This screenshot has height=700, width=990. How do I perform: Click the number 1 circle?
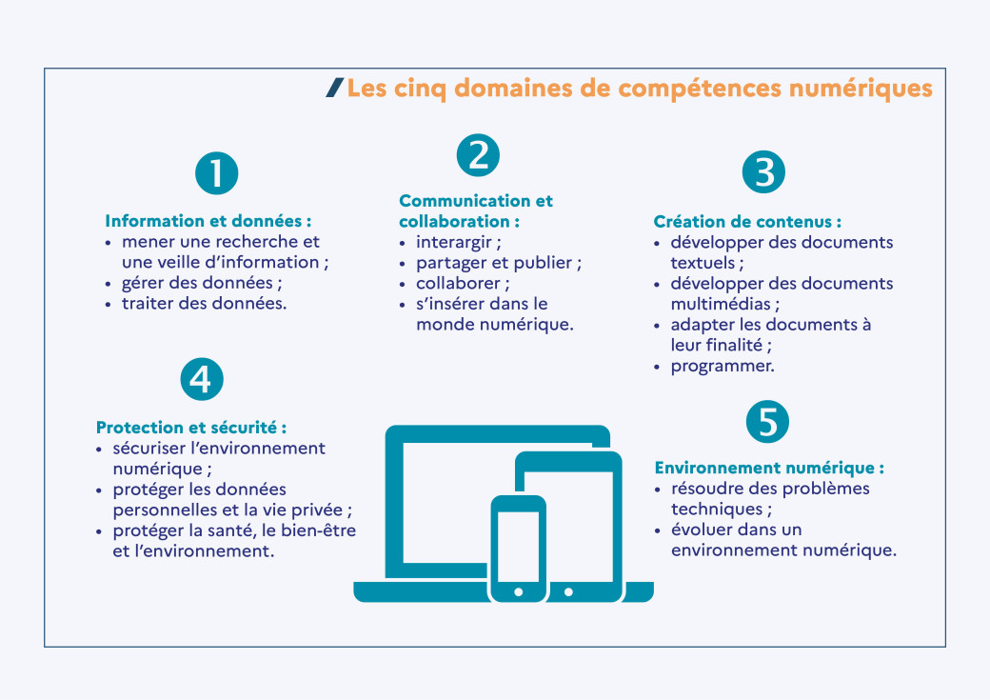(x=216, y=173)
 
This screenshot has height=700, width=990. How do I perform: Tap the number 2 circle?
(x=478, y=154)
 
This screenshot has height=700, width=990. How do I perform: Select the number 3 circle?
(x=763, y=172)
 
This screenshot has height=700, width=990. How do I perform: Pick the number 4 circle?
(x=202, y=379)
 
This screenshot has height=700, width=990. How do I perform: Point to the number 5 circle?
(x=767, y=421)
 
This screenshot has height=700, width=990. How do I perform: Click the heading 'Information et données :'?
(x=208, y=221)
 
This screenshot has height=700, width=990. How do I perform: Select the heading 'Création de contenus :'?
(x=747, y=222)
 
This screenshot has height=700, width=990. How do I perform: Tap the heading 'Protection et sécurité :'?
(x=190, y=428)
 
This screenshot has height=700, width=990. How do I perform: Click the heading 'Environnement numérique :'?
(x=769, y=469)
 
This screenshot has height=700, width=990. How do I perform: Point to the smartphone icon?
(x=518, y=548)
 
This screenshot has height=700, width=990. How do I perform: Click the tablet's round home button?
(x=568, y=591)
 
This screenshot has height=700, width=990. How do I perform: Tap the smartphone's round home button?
(x=518, y=591)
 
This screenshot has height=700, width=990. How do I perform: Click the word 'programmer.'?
(x=723, y=366)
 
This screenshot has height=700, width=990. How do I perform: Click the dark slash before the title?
(x=334, y=88)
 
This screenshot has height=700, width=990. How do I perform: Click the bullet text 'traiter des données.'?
(x=204, y=304)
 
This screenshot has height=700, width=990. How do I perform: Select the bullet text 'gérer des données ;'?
(x=202, y=283)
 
